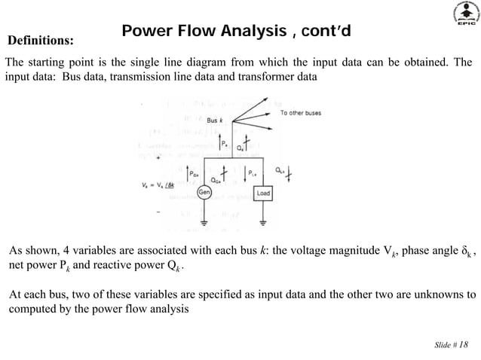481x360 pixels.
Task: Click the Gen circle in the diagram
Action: pyautogui.click(x=204, y=192)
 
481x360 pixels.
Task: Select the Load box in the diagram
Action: pyautogui.click(x=263, y=193)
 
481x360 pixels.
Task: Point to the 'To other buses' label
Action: pyautogui.click(x=301, y=113)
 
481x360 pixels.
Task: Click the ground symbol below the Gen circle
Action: pyautogui.click(x=204, y=223)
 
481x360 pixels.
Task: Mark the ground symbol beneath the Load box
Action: pyautogui.click(x=262, y=223)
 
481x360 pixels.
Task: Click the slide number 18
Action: pyautogui.click(x=462, y=344)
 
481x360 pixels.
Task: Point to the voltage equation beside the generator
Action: pyautogui.click(x=163, y=184)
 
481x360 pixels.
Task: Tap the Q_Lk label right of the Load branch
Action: pyautogui.click(x=280, y=169)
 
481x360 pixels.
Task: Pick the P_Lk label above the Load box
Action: pyautogui.click(x=253, y=172)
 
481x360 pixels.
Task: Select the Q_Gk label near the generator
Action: pyautogui.click(x=214, y=179)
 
